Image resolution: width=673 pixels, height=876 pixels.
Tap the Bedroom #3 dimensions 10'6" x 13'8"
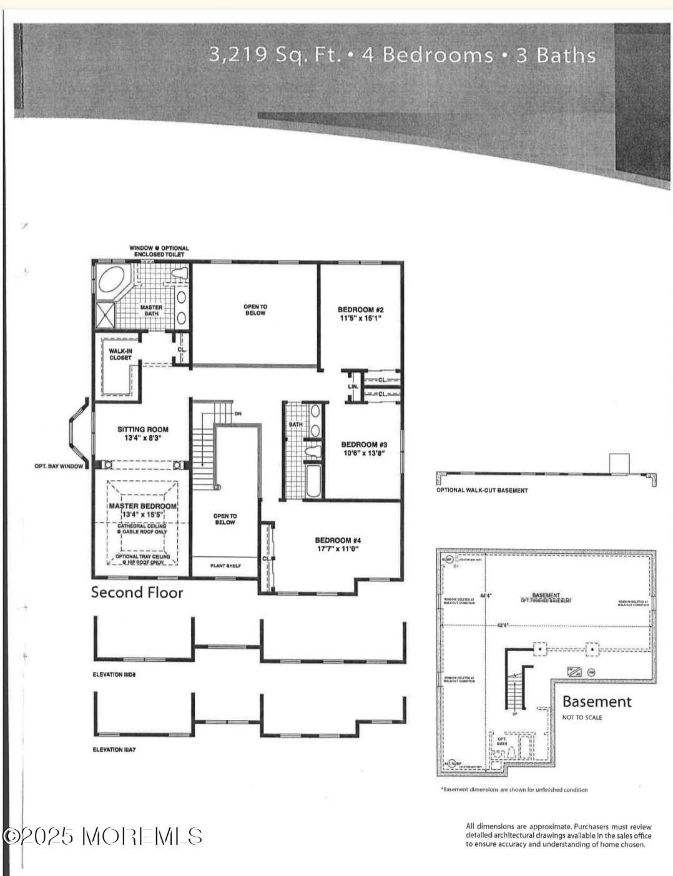pyautogui.click(x=362, y=453)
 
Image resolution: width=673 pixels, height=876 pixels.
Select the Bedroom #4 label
pyautogui.click(x=338, y=540)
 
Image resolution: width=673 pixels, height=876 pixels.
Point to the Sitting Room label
pyautogui.click(x=143, y=430)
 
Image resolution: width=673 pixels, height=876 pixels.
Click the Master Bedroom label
pyautogui.click(x=143, y=506)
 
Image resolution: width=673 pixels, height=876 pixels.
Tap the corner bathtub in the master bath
pyautogui.click(x=112, y=279)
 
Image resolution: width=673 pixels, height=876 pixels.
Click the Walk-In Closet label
pyautogui.click(x=120, y=354)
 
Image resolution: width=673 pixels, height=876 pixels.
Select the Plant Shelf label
pyautogui.click(x=225, y=566)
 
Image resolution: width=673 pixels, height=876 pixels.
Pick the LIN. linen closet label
pyautogui.click(x=353, y=386)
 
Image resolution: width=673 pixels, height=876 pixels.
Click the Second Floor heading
pyautogui.click(x=137, y=593)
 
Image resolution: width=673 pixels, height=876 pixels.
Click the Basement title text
pyautogui.click(x=597, y=702)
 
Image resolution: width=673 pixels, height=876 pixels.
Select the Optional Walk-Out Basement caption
pyautogui.click(x=482, y=490)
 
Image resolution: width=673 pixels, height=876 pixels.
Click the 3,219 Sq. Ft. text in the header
pyautogui.click(x=275, y=55)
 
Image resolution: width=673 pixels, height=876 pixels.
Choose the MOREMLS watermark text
pyautogui.click(x=103, y=836)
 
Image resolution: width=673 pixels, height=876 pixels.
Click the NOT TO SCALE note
pyautogui.click(x=582, y=717)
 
